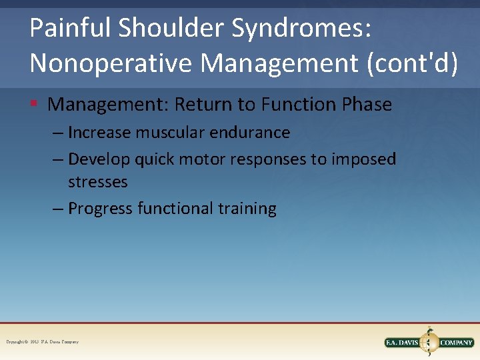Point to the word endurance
(x=250, y=133)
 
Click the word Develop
(x=99, y=159)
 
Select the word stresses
(x=97, y=181)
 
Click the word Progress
(x=101, y=209)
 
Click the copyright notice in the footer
(x=42, y=342)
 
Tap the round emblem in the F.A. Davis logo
(x=429, y=343)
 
